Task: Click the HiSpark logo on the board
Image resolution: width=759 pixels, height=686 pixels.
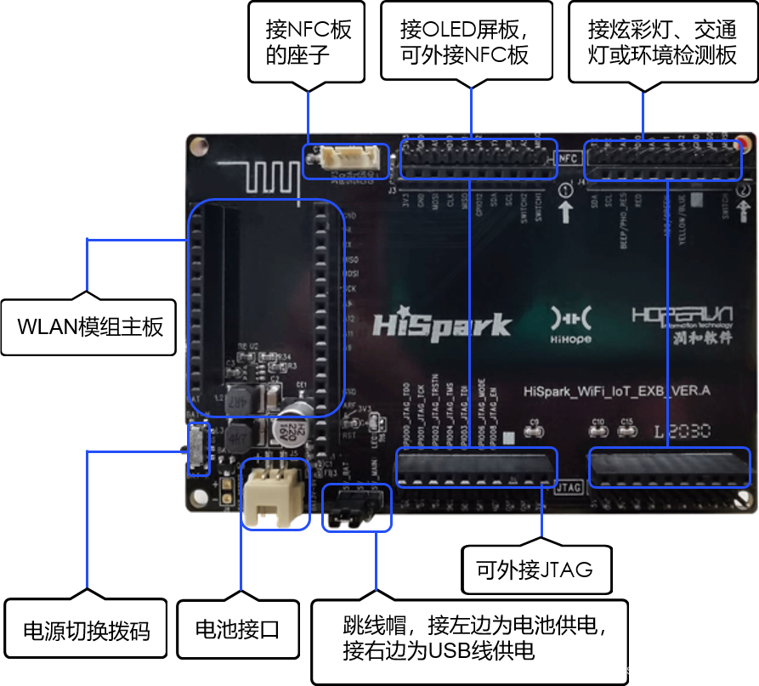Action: tap(441, 326)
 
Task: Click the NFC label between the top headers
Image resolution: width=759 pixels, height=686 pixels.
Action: tap(569, 158)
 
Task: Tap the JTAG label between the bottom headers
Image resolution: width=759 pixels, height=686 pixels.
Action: tap(567, 489)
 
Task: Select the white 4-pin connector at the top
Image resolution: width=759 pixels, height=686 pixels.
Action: tap(346, 160)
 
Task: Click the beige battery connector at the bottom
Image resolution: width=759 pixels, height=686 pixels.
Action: tap(275, 496)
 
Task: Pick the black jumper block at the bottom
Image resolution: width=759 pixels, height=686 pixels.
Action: tap(357, 507)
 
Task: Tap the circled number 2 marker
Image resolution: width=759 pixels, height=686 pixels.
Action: tap(744, 190)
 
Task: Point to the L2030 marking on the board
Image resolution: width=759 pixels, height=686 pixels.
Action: tap(682, 432)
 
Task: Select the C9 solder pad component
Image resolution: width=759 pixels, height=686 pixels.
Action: tap(535, 431)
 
